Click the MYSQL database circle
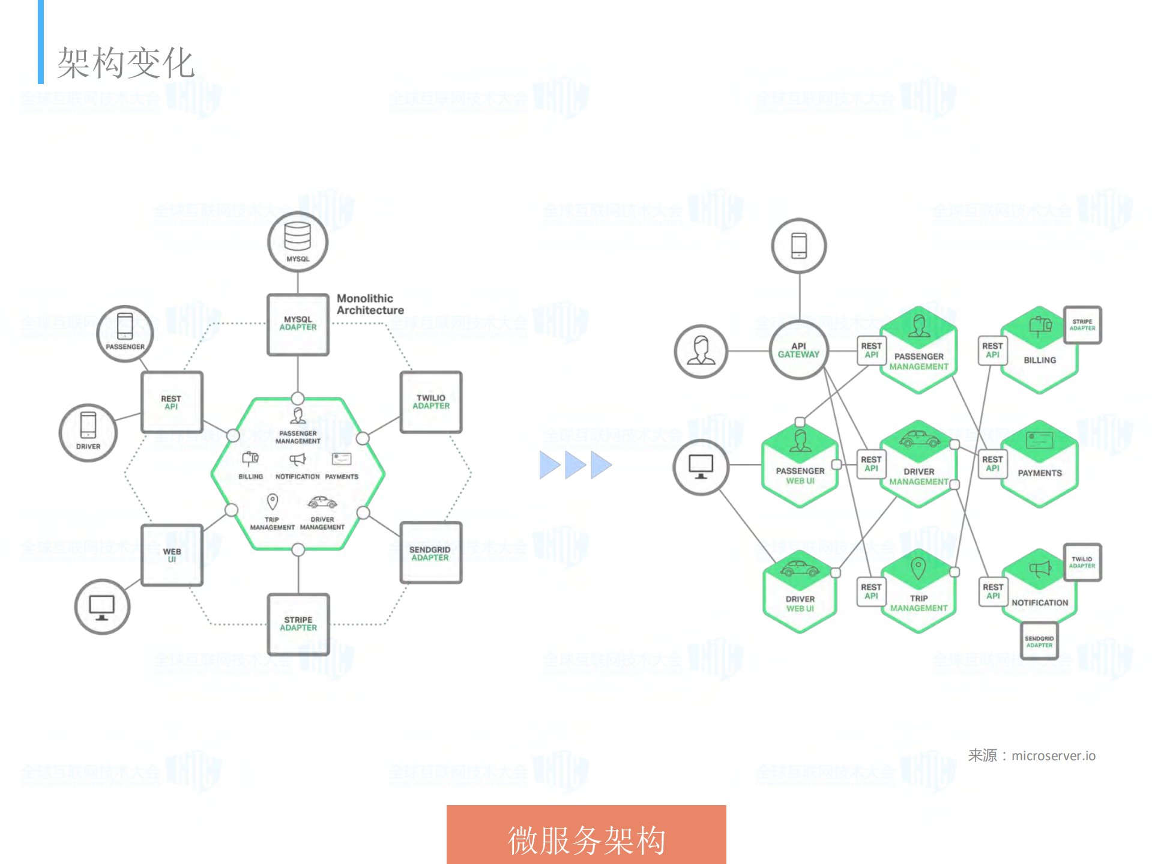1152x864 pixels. click(298, 241)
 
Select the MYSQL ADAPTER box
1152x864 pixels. click(298, 324)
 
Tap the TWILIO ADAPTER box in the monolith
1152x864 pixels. click(431, 402)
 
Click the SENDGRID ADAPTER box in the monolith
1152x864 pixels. click(430, 553)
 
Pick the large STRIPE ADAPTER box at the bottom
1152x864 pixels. click(298, 624)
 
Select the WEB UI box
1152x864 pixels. click(172, 555)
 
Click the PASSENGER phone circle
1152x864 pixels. click(125, 334)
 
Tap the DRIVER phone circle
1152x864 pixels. click(88, 432)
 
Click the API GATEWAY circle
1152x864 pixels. click(799, 350)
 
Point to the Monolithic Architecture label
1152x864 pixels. click(370, 304)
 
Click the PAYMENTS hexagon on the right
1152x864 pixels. click(1040, 465)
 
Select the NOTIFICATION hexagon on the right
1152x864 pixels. click(1040, 591)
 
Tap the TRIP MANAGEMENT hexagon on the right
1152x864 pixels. click(918, 592)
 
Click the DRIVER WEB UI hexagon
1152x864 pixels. click(800, 593)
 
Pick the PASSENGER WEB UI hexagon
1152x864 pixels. click(800, 465)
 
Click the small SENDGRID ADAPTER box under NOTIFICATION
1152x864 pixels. click(1039, 641)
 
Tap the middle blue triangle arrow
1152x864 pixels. click(575, 465)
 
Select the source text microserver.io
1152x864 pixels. click(1053, 755)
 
